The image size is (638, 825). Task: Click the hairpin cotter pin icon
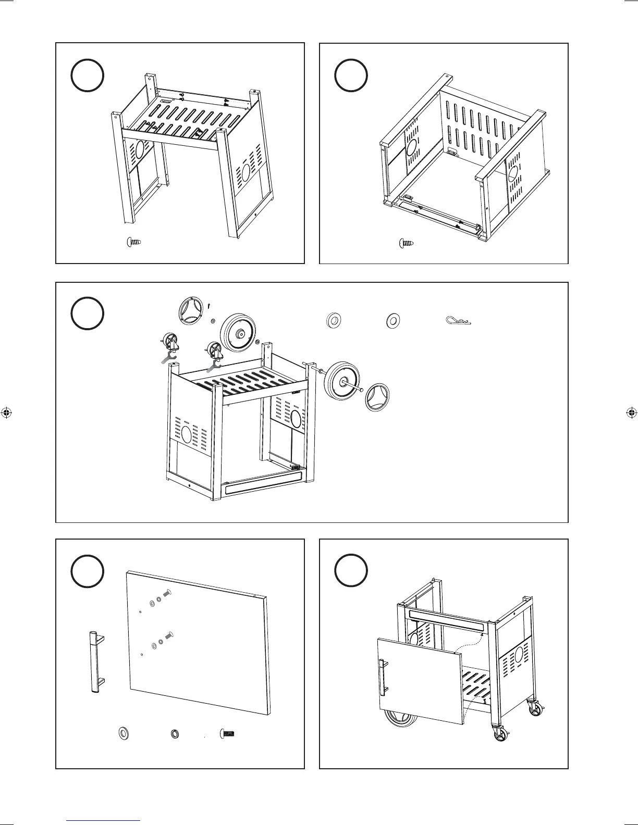pyautogui.click(x=459, y=320)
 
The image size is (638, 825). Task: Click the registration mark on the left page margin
pyautogui.click(x=7, y=413)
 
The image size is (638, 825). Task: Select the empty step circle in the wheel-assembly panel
pyautogui.click(x=87, y=313)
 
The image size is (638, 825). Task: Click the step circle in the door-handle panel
pyautogui.click(x=87, y=571)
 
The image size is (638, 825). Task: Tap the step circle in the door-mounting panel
pyautogui.click(x=351, y=571)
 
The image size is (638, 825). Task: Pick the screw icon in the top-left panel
pyautogui.click(x=136, y=242)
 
